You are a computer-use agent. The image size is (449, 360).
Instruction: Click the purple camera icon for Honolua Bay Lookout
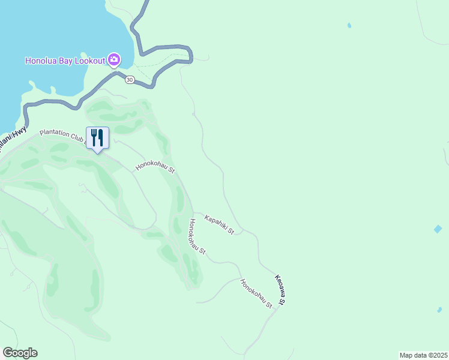point(114,60)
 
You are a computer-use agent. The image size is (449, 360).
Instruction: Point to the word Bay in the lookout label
point(67,61)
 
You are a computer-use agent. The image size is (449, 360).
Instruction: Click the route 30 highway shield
point(129,80)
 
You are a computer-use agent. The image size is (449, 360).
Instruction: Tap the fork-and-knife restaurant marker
point(97,138)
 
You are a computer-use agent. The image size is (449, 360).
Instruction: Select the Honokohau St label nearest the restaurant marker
point(155,166)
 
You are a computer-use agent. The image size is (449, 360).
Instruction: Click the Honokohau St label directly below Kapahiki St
point(197,237)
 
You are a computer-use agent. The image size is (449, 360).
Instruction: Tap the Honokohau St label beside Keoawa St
point(256,294)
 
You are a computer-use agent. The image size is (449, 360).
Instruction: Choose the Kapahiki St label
point(219,224)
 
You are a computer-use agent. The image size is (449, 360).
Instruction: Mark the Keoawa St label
point(280,289)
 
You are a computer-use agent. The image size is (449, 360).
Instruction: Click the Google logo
point(20,353)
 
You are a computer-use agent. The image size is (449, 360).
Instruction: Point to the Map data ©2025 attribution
point(424,355)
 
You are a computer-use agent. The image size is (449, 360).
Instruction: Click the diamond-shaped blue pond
point(438,229)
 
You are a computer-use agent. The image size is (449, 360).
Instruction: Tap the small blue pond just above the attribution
point(439,310)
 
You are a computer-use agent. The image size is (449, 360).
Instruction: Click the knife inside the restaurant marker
point(100,137)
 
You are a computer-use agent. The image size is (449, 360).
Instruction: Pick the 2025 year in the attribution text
point(439,355)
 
